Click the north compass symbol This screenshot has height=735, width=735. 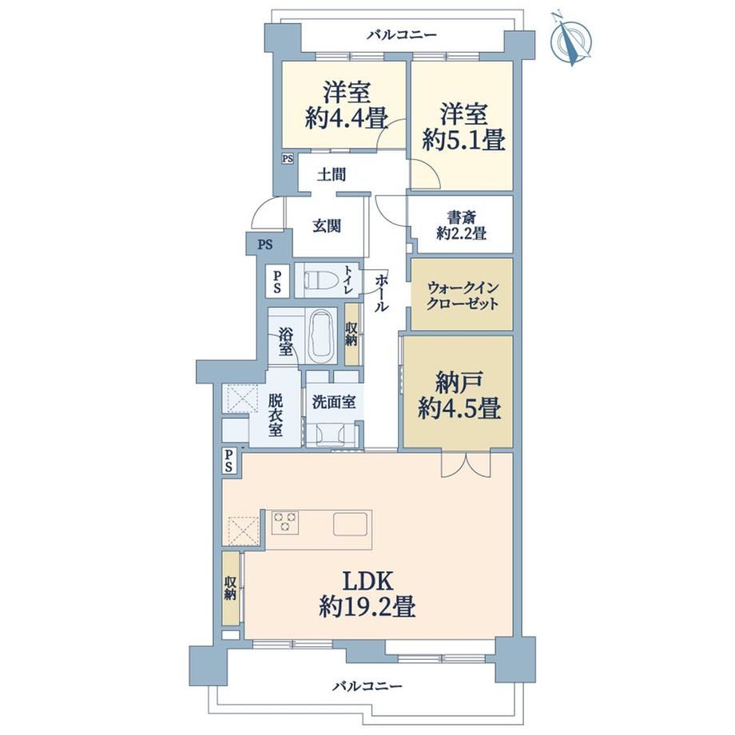[x=570, y=40]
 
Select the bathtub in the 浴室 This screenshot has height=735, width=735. [x=320, y=336]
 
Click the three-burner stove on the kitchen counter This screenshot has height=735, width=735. [x=285, y=522]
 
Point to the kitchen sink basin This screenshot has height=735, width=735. [x=350, y=523]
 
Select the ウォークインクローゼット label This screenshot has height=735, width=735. [x=463, y=296]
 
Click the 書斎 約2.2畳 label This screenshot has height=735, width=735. [x=461, y=225]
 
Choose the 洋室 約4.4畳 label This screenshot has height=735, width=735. [x=347, y=105]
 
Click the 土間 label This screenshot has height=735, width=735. [x=332, y=175]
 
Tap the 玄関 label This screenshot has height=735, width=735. [x=327, y=226]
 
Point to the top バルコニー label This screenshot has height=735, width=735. [x=402, y=34]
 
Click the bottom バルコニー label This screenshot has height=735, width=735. [x=367, y=687]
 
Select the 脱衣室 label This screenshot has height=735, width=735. [x=276, y=415]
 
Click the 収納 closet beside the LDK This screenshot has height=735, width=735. [x=231, y=588]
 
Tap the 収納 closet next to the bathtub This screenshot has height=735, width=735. [x=352, y=334]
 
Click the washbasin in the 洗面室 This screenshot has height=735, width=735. [x=332, y=434]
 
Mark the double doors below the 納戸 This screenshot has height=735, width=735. [x=466, y=464]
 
